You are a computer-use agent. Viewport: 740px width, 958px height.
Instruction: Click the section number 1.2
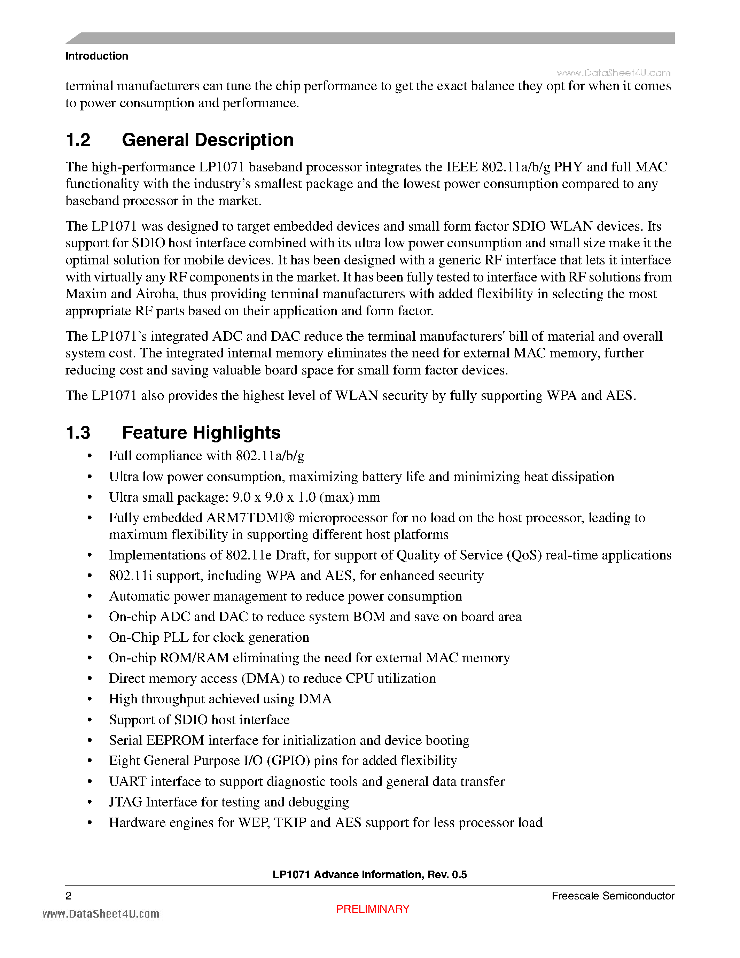click(x=78, y=140)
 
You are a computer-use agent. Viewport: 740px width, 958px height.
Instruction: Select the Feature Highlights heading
click(x=201, y=433)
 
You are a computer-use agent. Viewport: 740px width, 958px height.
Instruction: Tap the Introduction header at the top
click(x=97, y=56)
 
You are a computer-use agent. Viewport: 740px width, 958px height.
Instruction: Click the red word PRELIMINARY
click(x=373, y=909)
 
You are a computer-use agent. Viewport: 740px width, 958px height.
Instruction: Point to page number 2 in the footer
click(x=68, y=896)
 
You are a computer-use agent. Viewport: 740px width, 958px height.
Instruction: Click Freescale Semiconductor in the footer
click(x=613, y=896)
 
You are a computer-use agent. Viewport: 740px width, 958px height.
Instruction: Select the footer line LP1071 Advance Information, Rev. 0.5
click(x=369, y=875)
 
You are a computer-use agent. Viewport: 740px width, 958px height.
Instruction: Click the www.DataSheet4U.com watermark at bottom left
click(x=101, y=914)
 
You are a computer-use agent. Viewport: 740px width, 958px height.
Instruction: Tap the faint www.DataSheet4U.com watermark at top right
click(x=613, y=73)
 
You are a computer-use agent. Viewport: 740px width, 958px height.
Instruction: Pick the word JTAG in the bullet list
click(x=125, y=802)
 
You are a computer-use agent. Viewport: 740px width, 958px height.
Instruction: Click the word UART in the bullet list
click(x=127, y=781)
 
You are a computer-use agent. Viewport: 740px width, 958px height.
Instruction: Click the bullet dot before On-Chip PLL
click(x=90, y=638)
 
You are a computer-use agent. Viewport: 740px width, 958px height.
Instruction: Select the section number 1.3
click(x=78, y=433)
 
